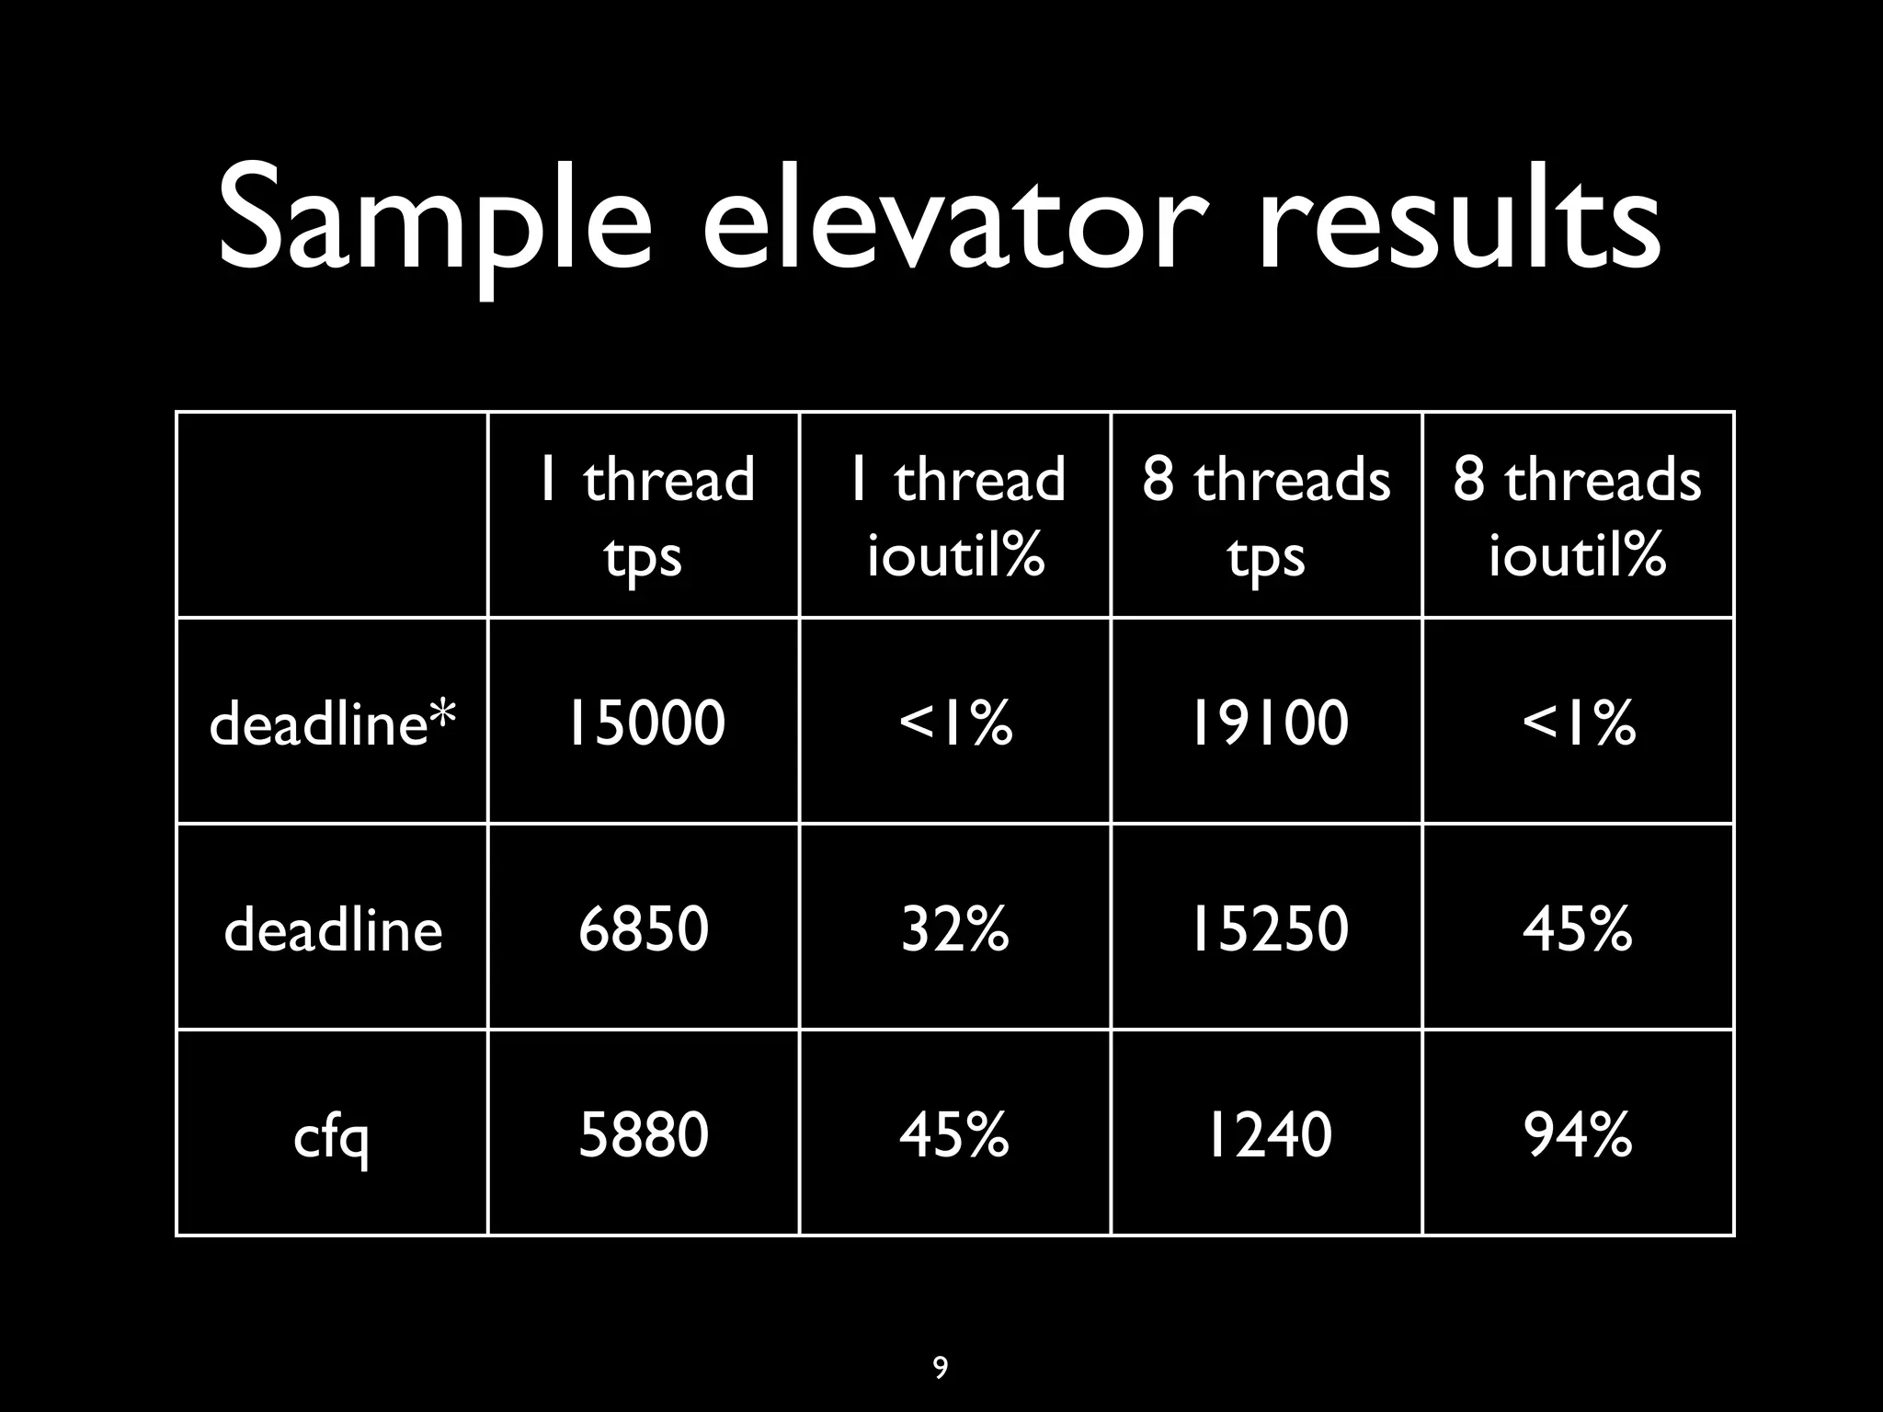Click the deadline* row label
332,723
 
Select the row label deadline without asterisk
333,929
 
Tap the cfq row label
331,1136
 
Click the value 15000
645,723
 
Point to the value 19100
1268,723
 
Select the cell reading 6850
644,928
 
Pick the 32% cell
954,928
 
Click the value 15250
1268,928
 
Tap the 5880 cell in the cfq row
644,1134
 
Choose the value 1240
1268,1134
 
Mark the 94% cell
1578,1134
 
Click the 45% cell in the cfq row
954,1134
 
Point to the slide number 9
940,1368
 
